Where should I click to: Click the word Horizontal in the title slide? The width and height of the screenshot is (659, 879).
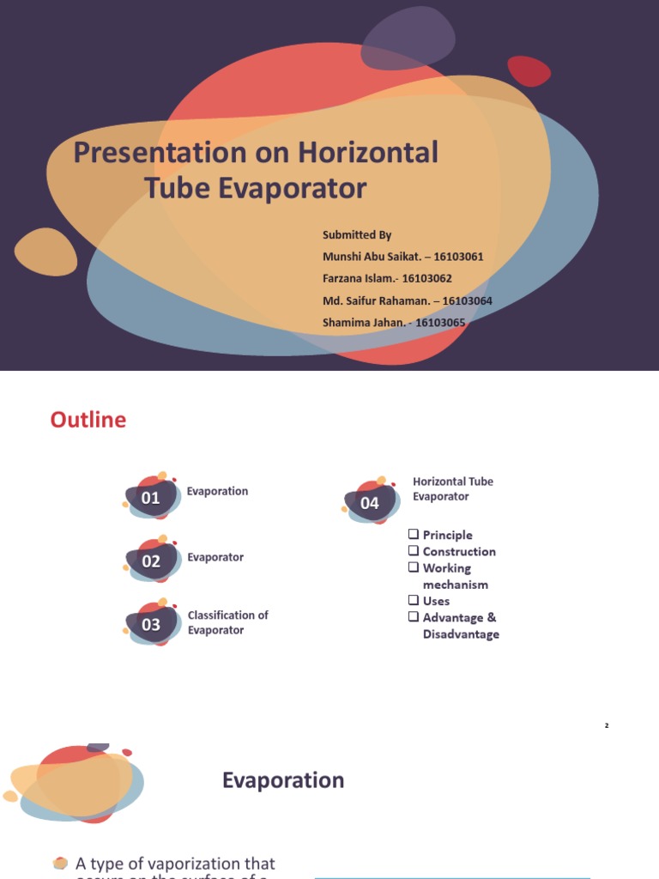[368, 153]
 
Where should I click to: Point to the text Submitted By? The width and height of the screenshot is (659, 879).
[357, 234]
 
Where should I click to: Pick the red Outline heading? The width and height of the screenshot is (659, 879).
[88, 420]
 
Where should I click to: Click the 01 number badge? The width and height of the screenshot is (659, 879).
[151, 498]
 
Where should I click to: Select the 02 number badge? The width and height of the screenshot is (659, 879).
[151, 561]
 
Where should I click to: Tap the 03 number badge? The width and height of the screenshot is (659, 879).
[151, 625]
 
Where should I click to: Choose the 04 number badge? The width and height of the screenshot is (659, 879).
[370, 503]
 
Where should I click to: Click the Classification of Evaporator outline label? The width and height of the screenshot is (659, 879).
[227, 622]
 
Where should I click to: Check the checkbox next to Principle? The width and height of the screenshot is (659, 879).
[414, 535]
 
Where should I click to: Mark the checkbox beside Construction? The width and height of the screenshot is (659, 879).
[414, 551]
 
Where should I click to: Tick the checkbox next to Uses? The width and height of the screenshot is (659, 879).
[414, 601]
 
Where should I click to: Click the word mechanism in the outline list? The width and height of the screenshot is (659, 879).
[455, 585]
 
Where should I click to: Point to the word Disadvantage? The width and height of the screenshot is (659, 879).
[461, 634]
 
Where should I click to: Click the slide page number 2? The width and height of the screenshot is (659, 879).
[606, 726]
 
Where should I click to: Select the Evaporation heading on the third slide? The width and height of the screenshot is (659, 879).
[283, 780]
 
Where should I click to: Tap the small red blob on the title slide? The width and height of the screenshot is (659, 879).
[529, 71]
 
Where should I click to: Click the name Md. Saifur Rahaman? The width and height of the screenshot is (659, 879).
[374, 300]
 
